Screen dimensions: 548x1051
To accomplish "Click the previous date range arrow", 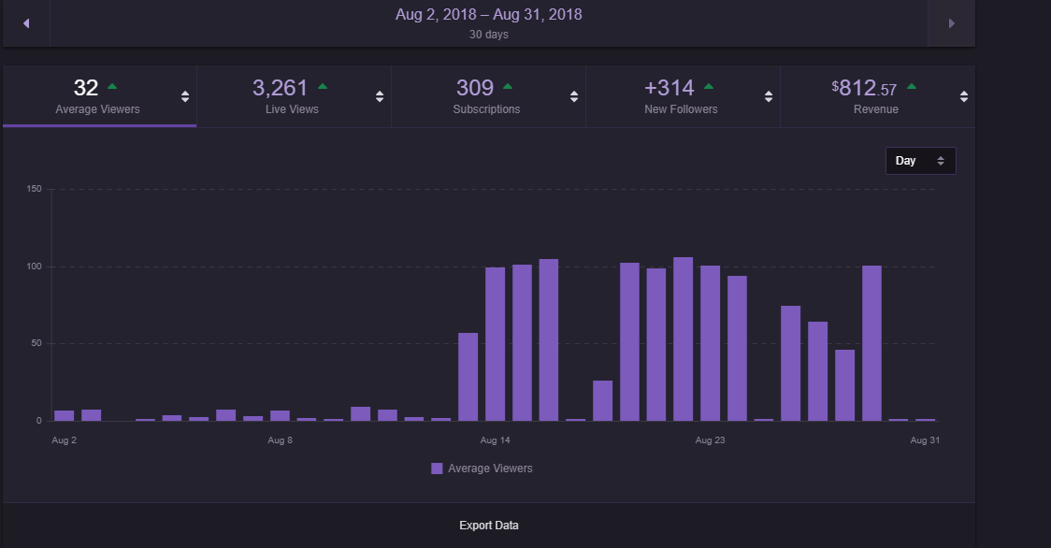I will pyautogui.click(x=26, y=23).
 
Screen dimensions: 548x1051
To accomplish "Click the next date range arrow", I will pyautogui.click(x=951, y=23).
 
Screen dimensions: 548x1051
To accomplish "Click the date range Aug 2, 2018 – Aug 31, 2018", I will pyautogui.click(x=489, y=15).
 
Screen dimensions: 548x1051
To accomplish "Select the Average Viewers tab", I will pyautogui.click(x=98, y=96).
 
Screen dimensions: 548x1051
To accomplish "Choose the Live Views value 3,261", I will pyautogui.click(x=280, y=89).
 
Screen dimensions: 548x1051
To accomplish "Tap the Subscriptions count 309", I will pyautogui.click(x=475, y=89).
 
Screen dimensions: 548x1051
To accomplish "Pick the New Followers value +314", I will pyautogui.click(x=669, y=89).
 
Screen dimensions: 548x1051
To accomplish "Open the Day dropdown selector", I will pyautogui.click(x=920, y=161).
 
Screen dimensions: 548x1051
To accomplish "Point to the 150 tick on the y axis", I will pyautogui.click(x=36, y=189).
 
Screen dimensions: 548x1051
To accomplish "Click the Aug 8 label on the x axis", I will pyautogui.click(x=281, y=440).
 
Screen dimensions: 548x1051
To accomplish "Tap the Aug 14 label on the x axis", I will pyautogui.click(x=496, y=440).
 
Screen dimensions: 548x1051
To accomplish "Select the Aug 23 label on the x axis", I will pyautogui.click(x=710, y=440).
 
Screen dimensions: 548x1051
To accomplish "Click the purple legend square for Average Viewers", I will pyautogui.click(x=437, y=469).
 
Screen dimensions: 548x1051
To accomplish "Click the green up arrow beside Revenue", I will pyautogui.click(x=912, y=87).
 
